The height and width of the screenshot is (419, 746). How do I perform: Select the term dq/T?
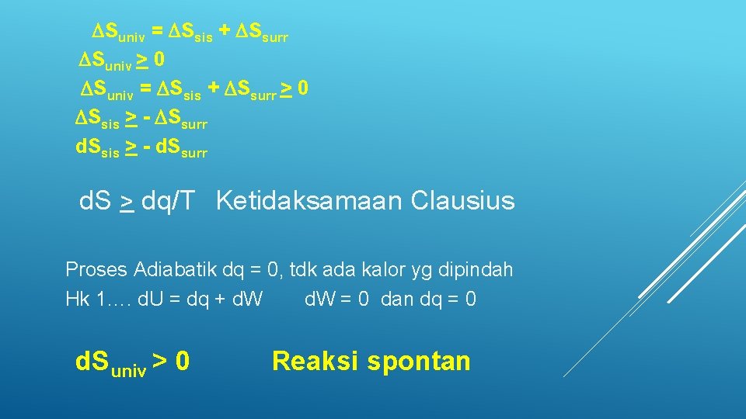coord(169,202)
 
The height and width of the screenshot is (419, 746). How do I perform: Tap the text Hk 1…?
coord(98,300)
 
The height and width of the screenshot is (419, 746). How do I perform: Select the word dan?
coord(398,300)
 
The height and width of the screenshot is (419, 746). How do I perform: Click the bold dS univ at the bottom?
coord(110,362)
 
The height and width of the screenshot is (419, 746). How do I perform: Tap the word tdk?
coord(305,270)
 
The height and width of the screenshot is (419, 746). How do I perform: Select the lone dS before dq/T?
coord(97,202)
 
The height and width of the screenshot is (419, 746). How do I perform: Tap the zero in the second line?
coord(159,60)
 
